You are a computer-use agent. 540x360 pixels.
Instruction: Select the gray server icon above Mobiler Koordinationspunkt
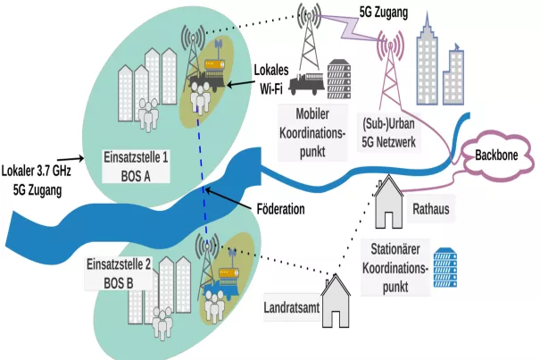340,80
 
